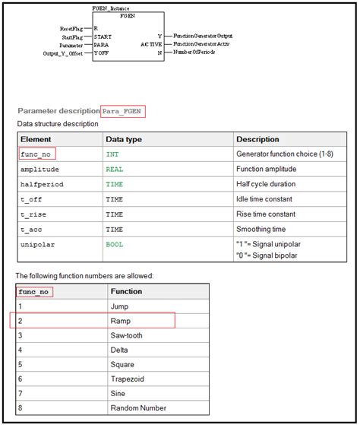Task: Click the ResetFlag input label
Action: [73, 28]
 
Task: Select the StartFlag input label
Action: [74, 36]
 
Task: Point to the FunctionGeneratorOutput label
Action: [203, 36]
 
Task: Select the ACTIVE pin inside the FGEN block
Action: [150, 44]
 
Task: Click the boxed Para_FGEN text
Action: [124, 111]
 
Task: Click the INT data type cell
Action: [112, 154]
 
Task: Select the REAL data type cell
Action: [115, 169]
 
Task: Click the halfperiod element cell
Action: [41, 184]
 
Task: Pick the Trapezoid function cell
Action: [128, 380]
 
